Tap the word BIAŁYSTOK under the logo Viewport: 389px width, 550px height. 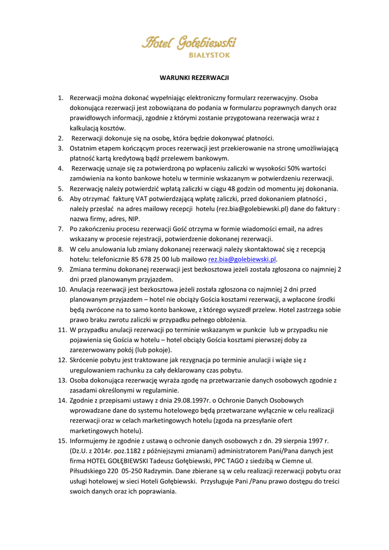coord(210,55)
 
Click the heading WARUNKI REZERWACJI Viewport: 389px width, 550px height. coord(194,78)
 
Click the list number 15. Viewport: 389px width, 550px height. coord(62,441)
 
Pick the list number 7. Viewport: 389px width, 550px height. coord(62,229)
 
